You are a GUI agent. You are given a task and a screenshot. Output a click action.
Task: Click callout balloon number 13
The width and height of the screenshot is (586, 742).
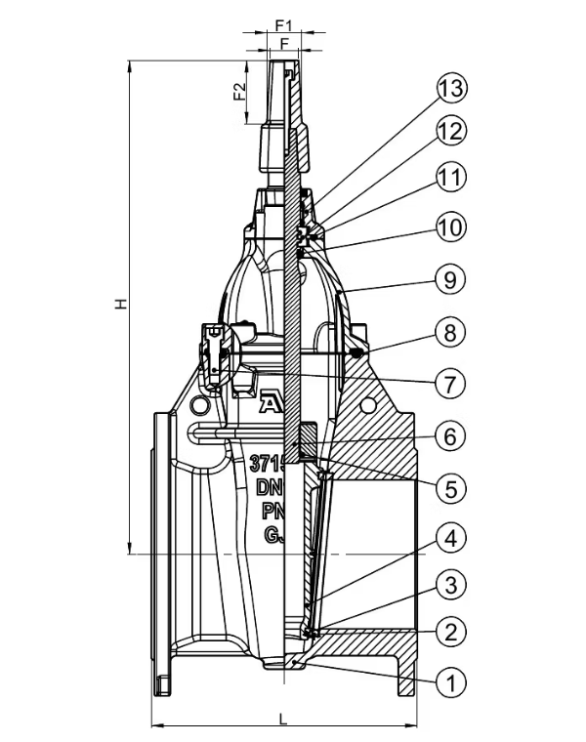pos(450,89)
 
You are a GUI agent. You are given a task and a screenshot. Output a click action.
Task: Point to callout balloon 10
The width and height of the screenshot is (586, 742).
pos(450,228)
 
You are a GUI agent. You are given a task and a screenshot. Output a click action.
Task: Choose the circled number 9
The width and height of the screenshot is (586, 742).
pos(450,280)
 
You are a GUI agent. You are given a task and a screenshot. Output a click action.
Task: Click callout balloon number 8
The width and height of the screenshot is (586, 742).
pos(450,332)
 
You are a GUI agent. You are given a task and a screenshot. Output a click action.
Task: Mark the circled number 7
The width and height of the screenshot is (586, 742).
pos(450,384)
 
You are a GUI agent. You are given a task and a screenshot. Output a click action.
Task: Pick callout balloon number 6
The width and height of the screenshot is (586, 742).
pos(450,435)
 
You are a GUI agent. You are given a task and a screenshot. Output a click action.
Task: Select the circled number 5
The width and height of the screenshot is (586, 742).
pos(450,487)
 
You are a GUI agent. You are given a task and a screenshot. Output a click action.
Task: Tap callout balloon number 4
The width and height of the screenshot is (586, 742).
pos(450,537)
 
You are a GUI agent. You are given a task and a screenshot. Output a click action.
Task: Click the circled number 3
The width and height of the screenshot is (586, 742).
pos(450,585)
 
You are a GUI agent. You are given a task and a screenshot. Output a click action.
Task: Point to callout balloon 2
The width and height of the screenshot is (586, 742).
pos(450,631)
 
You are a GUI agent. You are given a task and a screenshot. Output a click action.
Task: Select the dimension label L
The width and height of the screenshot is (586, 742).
pos(283,719)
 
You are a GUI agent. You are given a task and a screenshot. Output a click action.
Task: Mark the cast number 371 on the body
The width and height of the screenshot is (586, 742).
pos(266,462)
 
